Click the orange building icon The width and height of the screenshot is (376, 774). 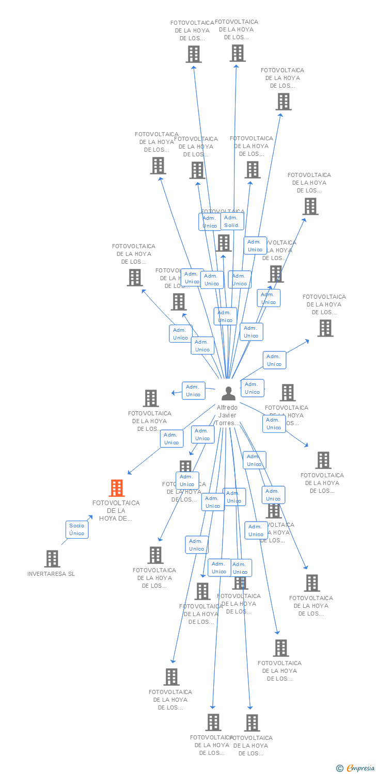(x=117, y=488)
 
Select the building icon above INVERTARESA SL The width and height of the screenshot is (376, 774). (x=52, y=558)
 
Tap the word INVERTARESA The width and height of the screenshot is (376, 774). (x=46, y=574)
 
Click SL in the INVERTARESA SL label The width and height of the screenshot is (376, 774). (x=71, y=574)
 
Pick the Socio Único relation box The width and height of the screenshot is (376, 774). (x=76, y=529)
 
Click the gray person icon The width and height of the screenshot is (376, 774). (x=228, y=393)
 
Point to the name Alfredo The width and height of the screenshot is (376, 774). (x=227, y=408)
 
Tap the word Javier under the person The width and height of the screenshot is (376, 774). (x=227, y=415)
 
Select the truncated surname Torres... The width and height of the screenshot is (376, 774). (x=227, y=423)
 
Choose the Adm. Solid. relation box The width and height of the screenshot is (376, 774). (x=232, y=221)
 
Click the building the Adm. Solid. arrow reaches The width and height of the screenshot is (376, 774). (x=238, y=53)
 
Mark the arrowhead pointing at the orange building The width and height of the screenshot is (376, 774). (x=129, y=473)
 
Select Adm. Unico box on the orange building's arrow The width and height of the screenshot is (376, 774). (x=171, y=439)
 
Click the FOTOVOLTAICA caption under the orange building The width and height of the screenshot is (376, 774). (x=116, y=503)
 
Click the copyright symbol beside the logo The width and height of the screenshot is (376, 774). (x=340, y=768)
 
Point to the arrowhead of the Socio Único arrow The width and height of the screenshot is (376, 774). (x=91, y=516)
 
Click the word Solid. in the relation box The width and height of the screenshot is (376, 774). (x=232, y=225)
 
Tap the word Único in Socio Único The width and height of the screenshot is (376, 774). (x=76, y=534)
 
